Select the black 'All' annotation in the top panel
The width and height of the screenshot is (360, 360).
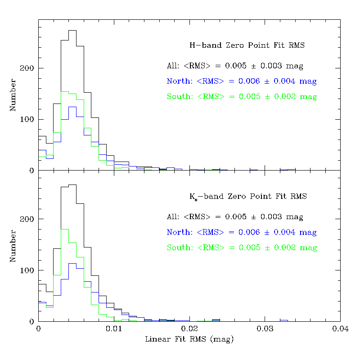tap(235, 66)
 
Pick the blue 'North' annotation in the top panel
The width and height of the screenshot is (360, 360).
tap(242, 81)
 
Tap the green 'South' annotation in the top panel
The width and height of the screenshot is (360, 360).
tap(242, 97)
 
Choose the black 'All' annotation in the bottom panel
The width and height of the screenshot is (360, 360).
tap(235, 217)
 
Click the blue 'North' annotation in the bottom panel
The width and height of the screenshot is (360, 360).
tap(242, 233)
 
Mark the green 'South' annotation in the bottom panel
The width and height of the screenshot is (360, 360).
tap(242, 248)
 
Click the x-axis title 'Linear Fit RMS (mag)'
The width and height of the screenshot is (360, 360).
tap(189, 339)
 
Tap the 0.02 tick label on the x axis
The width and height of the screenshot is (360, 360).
tap(189, 329)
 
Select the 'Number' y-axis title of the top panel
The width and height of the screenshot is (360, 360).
tap(13, 95)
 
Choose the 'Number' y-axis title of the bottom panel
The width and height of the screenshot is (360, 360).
tap(13, 246)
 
